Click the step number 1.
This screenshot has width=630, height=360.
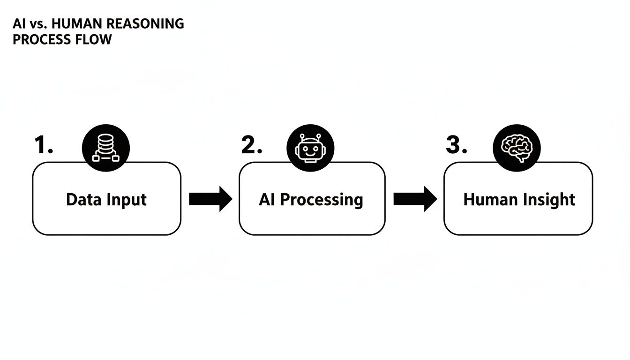coord(44,146)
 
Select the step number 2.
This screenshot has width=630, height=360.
coord(251,146)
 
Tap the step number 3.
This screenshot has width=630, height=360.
coord(456,146)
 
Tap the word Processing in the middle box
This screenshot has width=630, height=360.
coord(322,200)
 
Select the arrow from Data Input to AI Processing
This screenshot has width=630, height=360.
coord(210,199)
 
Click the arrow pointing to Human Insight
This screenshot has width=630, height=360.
coord(415,199)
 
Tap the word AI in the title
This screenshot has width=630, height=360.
coord(19,24)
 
